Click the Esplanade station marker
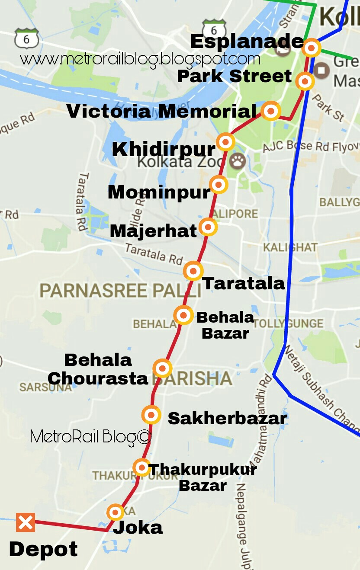[x=312, y=48]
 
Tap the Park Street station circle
[x=305, y=81]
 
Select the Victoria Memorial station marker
[x=271, y=112]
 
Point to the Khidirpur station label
[x=164, y=150]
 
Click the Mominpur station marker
[x=219, y=185]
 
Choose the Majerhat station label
[x=153, y=231]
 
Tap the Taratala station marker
[x=193, y=271]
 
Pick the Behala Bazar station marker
[x=183, y=315]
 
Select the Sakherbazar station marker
[x=151, y=415]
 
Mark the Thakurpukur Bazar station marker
[x=141, y=467]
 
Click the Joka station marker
[x=116, y=512]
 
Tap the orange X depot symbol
[x=26, y=522]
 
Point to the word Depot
[x=43, y=550]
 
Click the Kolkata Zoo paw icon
[x=238, y=161]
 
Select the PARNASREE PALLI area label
[x=120, y=291]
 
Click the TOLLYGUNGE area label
[x=289, y=323]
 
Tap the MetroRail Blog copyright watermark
[x=91, y=437]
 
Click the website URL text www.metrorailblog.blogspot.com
[x=140, y=59]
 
